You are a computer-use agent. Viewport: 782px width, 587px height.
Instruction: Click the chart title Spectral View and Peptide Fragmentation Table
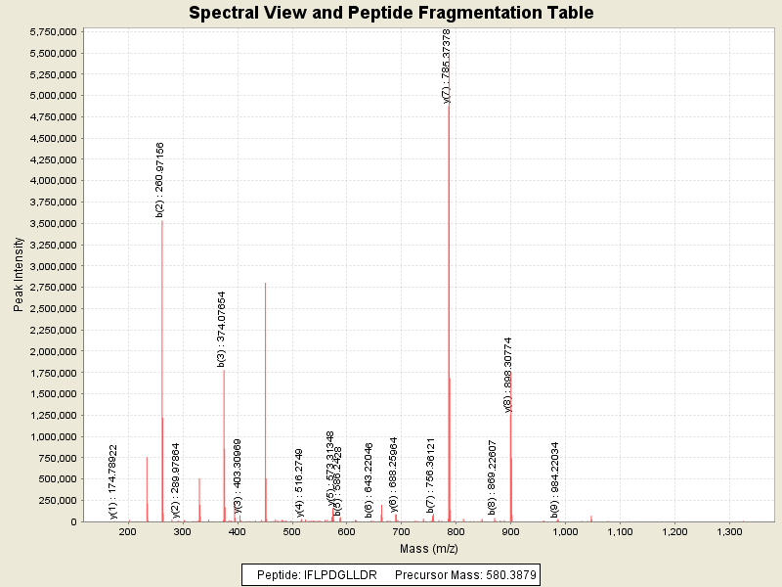click(391, 13)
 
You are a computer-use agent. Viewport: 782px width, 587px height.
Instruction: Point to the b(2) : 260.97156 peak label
click(160, 178)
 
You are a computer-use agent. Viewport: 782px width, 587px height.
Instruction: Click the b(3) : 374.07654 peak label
click(222, 329)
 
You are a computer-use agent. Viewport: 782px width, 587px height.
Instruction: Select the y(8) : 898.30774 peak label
click(508, 375)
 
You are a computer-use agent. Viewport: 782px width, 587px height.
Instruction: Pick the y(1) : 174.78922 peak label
click(113, 481)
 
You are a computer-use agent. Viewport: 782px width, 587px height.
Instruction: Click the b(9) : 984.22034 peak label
click(554, 479)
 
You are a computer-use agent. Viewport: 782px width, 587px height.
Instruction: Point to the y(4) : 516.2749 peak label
click(300, 482)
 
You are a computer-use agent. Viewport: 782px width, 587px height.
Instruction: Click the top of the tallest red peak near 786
click(449, 105)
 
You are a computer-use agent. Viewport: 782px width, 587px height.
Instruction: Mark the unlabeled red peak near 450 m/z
click(265, 285)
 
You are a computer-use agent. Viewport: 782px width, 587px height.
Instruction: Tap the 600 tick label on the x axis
click(346, 532)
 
